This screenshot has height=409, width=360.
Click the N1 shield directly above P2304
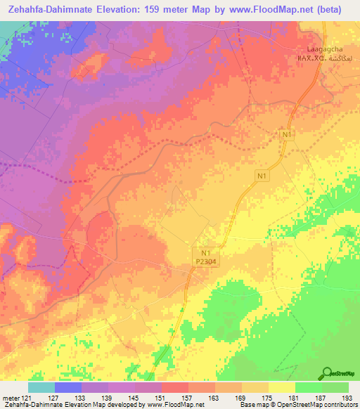click(x=205, y=252)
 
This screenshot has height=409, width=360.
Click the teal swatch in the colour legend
click(x=41, y=387)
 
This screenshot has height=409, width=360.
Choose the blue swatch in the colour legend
click(x=68, y=387)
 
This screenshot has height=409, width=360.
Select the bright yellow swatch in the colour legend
click(x=282, y=387)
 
